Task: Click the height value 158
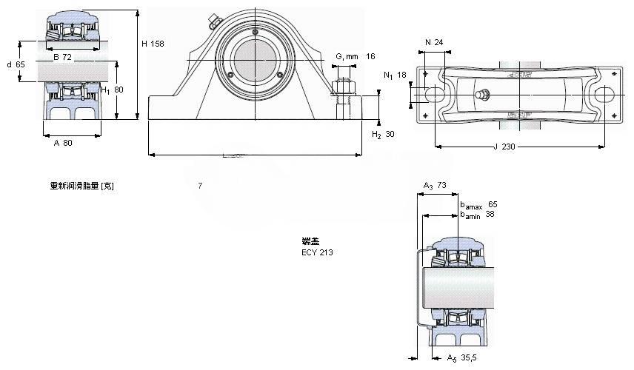tap(157, 44)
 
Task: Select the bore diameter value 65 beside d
tap(21, 64)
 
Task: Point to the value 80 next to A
tap(67, 143)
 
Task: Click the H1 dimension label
tap(105, 90)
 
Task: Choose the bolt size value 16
tap(370, 56)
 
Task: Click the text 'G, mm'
tap(347, 56)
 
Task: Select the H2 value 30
tap(390, 134)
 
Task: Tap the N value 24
tap(438, 42)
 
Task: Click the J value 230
tap(507, 147)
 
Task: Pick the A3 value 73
tap(441, 185)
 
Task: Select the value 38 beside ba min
tap(490, 215)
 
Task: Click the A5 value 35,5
tap(467, 358)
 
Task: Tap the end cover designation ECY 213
tap(317, 252)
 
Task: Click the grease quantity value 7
tap(199, 186)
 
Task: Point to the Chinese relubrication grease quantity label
tap(81, 186)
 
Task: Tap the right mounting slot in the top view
tap(603, 95)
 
